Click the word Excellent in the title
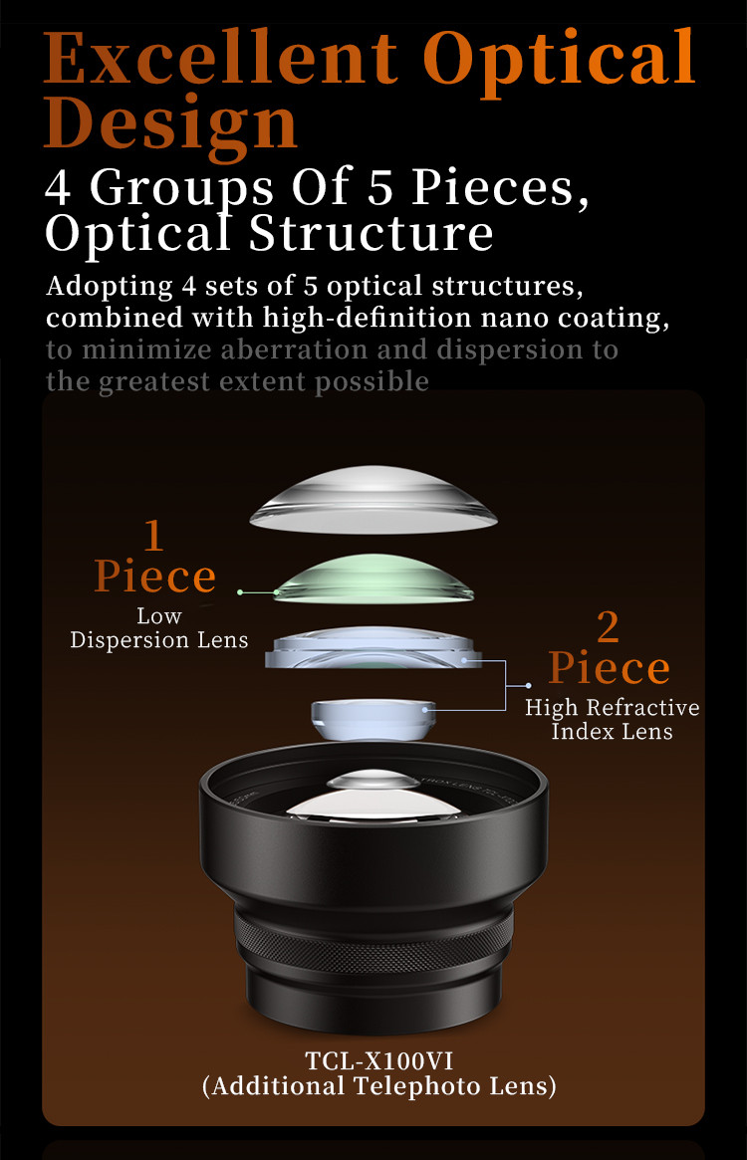pyautogui.click(x=221, y=58)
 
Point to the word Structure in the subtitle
pyautogui.click(x=371, y=233)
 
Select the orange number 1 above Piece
pyautogui.click(x=153, y=536)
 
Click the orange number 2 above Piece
pyautogui.click(x=608, y=627)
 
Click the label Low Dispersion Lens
pyautogui.click(x=159, y=628)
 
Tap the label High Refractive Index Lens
pyautogui.click(x=613, y=719)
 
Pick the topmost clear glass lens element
pyautogui.click(x=373, y=500)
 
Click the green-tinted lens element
pyautogui.click(x=373, y=580)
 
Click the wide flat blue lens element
pyautogui.click(x=373, y=648)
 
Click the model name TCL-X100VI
pyautogui.click(x=379, y=1060)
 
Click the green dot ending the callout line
pyautogui.click(x=240, y=592)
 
